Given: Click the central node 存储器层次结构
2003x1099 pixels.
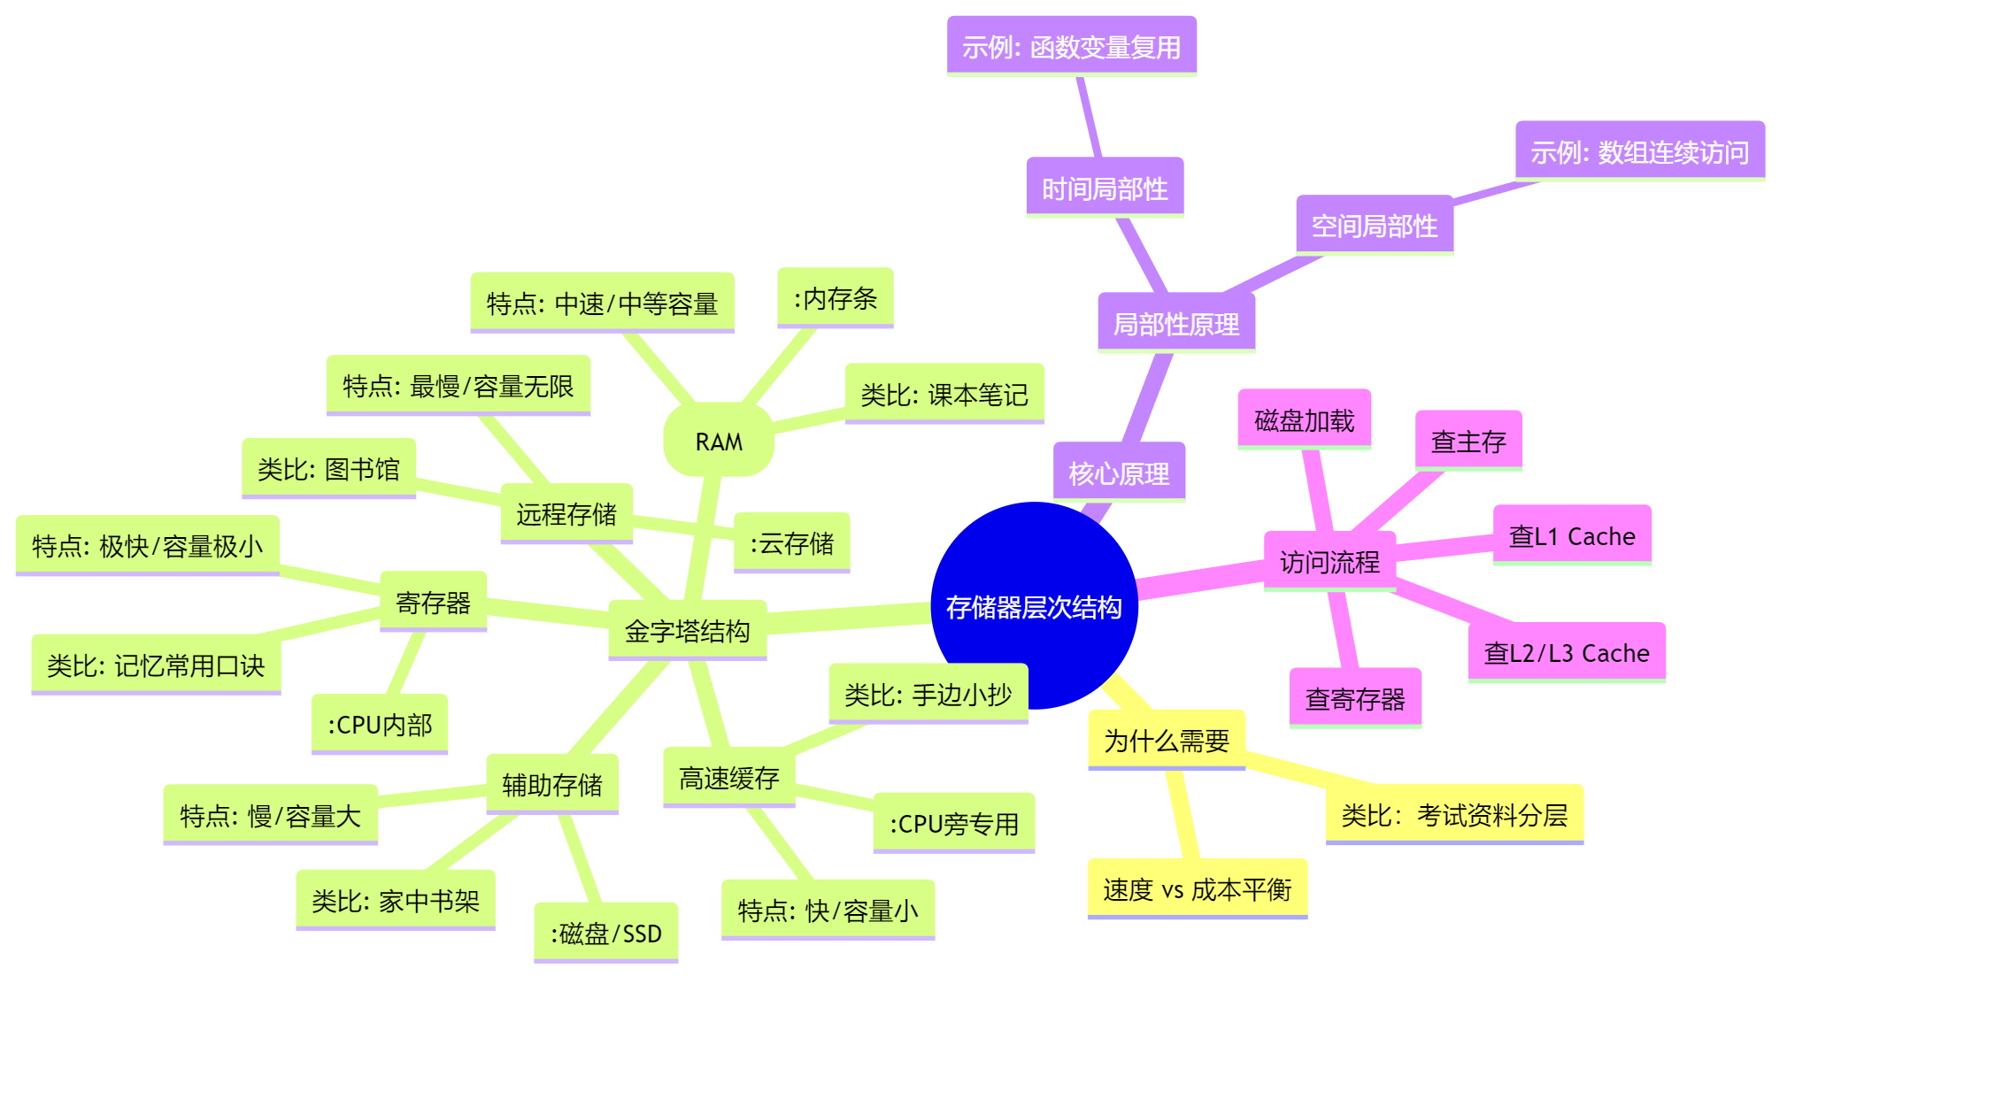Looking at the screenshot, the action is click(x=1034, y=606).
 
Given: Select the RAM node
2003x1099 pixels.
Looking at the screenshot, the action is click(x=719, y=441).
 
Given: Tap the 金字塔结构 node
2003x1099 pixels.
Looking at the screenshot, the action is click(x=687, y=630).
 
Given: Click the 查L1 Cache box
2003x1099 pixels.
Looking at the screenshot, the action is click(x=1572, y=535).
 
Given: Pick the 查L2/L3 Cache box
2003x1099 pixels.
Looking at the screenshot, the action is click(x=1567, y=652).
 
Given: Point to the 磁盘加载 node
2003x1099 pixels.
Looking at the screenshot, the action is click(x=1304, y=419).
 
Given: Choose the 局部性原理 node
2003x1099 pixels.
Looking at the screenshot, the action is click(x=1175, y=324).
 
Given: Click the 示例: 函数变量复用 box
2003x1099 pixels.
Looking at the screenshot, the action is click(x=1071, y=46).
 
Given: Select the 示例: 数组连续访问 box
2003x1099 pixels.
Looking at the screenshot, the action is click(x=1639, y=151).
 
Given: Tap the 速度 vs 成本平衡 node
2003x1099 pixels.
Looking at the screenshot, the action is click(x=1197, y=888).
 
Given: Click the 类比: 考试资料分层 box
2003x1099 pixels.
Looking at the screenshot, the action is click(x=1453, y=814).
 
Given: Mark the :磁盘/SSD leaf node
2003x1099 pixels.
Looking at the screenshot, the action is click(x=605, y=933).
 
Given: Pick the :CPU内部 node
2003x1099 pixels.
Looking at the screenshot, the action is click(x=380, y=724).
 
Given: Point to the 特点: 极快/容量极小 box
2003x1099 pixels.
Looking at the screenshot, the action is click(x=147, y=545).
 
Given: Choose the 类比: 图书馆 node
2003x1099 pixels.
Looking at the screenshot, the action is click(x=328, y=468).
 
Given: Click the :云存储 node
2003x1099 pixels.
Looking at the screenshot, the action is click(x=791, y=542).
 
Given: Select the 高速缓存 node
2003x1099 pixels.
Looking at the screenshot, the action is click(x=728, y=777).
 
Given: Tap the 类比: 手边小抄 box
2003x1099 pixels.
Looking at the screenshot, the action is click(x=928, y=694).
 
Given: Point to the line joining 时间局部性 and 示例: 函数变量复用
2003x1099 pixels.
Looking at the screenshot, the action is click(x=1090, y=117).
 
